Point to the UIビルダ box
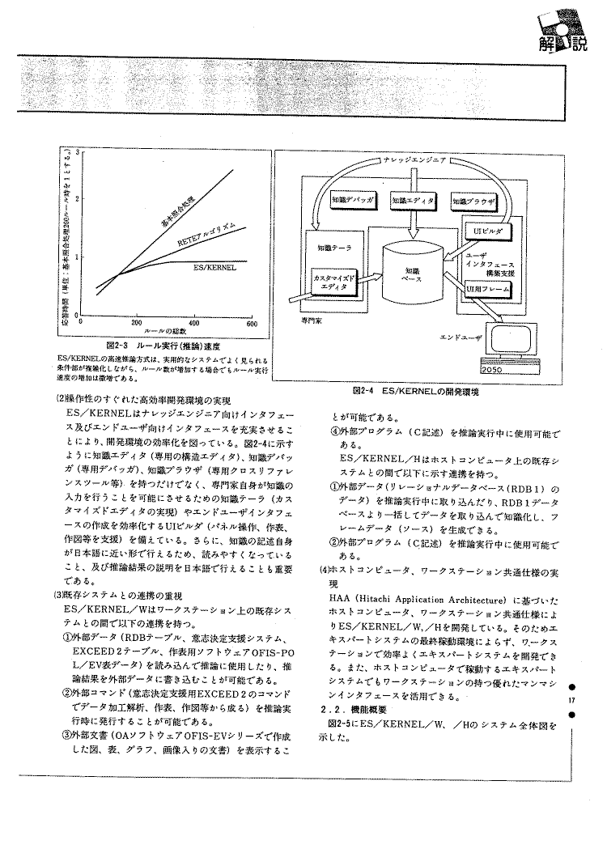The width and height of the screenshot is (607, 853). pyautogui.click(x=488, y=232)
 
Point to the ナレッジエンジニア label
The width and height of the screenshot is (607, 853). pyautogui.click(x=414, y=159)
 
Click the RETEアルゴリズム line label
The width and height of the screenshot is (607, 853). pyautogui.click(x=206, y=234)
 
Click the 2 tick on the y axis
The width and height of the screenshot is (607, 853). pyautogui.click(x=79, y=198)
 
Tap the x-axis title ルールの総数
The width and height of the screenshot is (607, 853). pyautogui.click(x=166, y=332)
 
